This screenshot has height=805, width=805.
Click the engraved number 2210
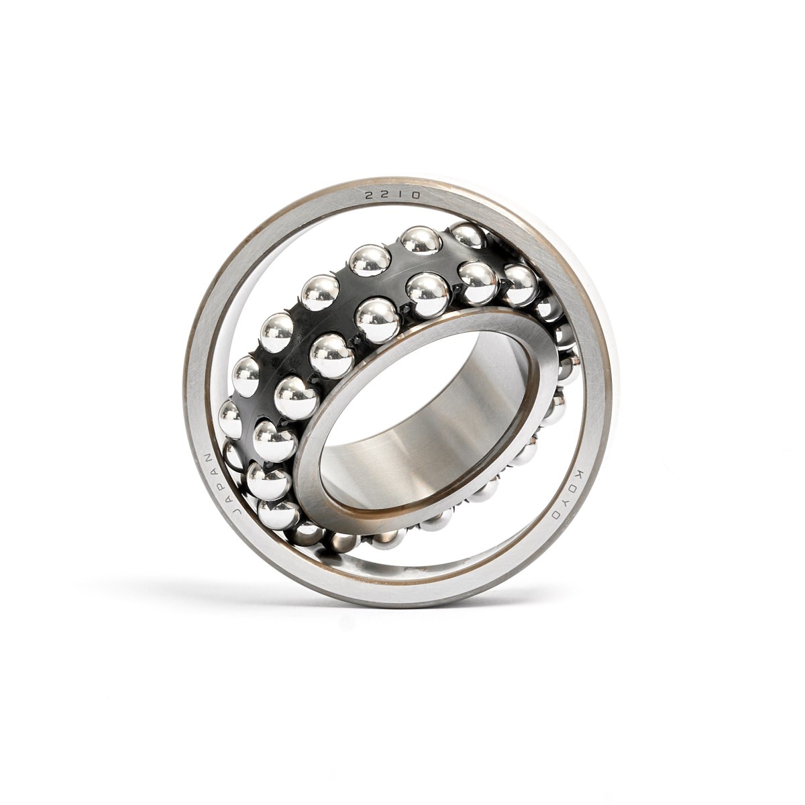pyautogui.click(x=392, y=196)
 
